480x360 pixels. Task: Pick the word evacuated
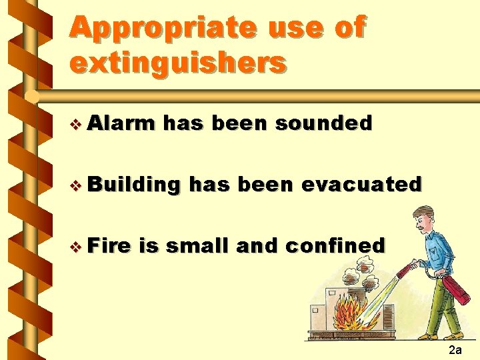point(361,184)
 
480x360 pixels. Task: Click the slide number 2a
point(455,349)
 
